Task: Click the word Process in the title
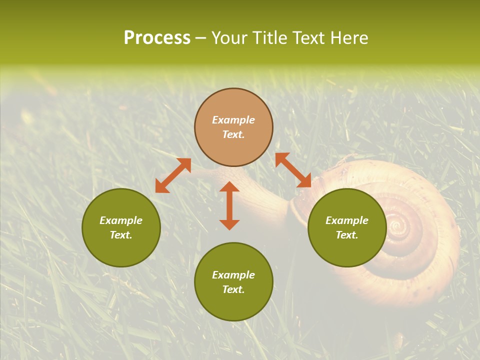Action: pos(157,38)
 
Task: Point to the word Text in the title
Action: pos(308,38)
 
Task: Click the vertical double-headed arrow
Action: pos(229,205)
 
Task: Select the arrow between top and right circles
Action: pos(293,170)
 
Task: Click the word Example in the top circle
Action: pos(233,120)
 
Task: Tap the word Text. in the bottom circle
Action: pos(233,289)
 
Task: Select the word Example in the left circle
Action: pos(121,220)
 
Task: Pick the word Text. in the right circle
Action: pos(347,235)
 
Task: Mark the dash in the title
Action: pos(200,38)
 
